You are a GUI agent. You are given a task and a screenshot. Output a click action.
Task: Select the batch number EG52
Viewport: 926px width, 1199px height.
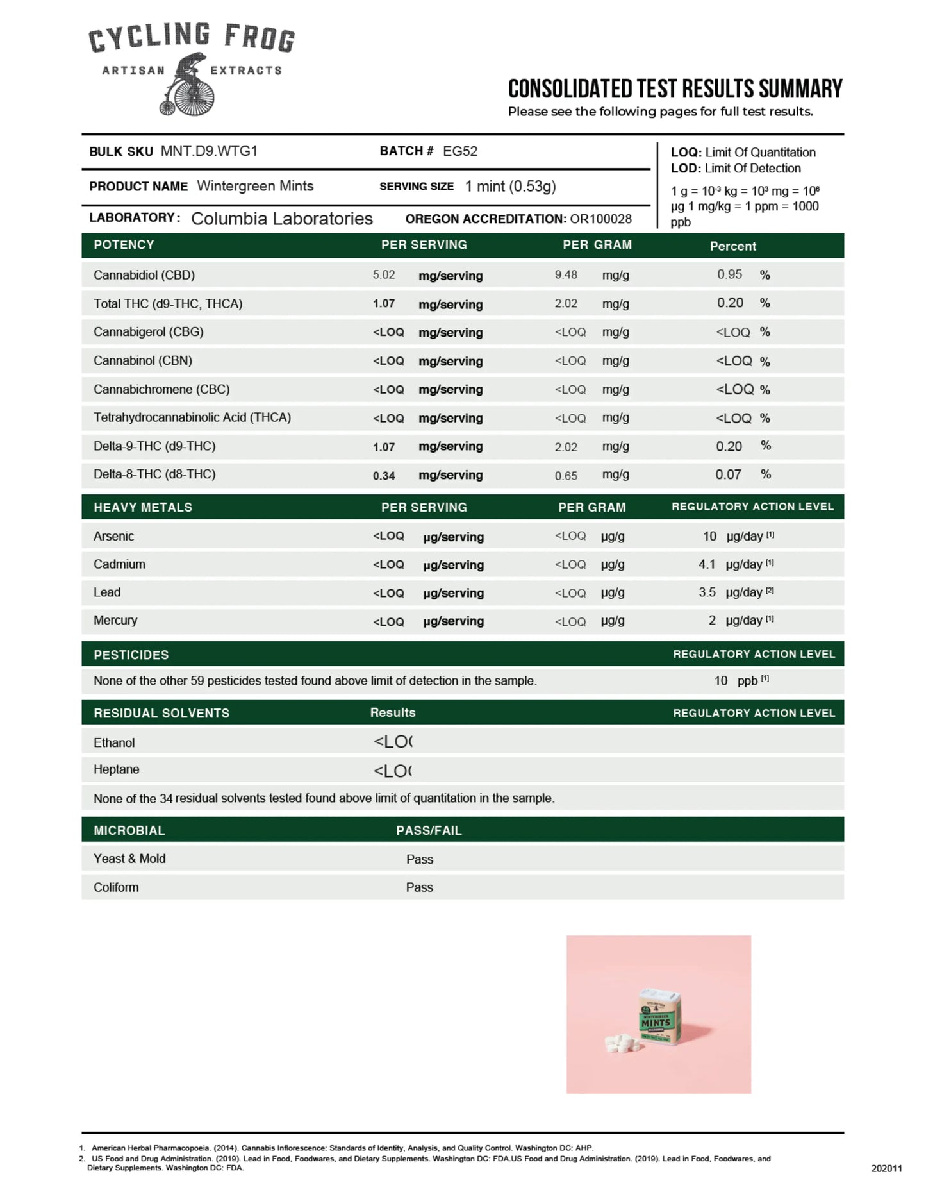click(460, 151)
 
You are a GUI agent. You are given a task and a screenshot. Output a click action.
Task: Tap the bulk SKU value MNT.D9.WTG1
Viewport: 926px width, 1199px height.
click(209, 151)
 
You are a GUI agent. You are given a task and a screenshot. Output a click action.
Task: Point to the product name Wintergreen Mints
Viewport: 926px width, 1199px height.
click(255, 186)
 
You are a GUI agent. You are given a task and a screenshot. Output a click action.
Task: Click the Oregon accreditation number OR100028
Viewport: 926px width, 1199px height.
click(600, 219)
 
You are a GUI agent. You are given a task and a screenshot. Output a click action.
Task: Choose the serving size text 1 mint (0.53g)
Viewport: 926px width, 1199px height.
click(510, 187)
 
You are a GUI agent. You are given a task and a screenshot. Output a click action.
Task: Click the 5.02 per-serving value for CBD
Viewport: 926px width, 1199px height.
click(384, 275)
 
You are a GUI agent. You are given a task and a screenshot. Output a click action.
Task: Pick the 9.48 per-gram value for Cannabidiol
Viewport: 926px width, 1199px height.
click(566, 275)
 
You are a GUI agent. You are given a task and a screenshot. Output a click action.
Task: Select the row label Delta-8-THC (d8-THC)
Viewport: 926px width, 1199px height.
click(154, 474)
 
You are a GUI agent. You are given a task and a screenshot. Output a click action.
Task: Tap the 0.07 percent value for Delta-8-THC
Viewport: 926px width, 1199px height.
click(728, 475)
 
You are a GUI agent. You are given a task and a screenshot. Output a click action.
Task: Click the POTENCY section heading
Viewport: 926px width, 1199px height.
click(124, 245)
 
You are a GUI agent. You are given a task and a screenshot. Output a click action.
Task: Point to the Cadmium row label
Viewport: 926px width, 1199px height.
click(119, 564)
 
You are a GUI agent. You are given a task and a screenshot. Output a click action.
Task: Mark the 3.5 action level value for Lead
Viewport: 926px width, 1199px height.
click(707, 592)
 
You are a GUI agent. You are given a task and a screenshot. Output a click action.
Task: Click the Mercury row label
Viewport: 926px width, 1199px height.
click(115, 621)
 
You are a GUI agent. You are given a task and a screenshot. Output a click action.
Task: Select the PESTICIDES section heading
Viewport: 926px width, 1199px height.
click(131, 655)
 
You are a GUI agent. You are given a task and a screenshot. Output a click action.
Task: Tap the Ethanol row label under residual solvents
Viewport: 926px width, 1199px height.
click(114, 742)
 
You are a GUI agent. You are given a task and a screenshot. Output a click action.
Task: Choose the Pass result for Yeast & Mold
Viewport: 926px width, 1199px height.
click(420, 859)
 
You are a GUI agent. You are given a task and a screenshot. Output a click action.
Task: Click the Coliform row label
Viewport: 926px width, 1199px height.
click(116, 887)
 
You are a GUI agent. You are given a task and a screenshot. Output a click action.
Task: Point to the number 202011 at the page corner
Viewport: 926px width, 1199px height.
click(886, 1168)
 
